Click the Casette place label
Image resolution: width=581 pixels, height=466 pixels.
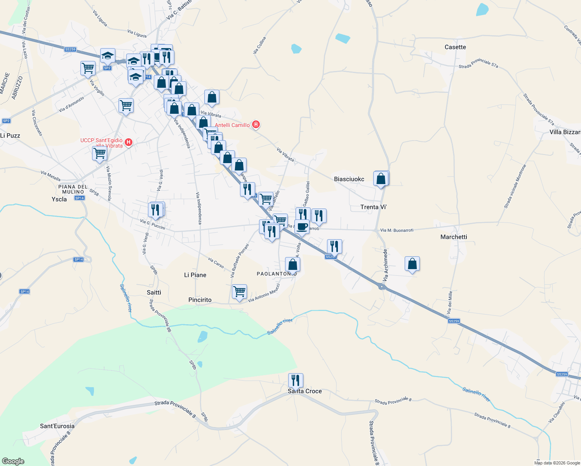tap(455, 47)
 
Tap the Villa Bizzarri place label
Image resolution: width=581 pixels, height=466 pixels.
tap(565, 132)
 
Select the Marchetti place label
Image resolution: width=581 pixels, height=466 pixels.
tap(454, 237)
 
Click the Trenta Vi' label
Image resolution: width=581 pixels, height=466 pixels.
tap(373, 207)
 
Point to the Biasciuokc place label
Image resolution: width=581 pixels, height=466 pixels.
tap(349, 179)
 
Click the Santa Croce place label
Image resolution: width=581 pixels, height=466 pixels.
tap(305, 391)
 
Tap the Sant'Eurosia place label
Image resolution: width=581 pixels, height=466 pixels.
tap(57, 426)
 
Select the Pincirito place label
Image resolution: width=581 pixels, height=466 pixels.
tap(200, 300)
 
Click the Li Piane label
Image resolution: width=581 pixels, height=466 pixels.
tap(195, 275)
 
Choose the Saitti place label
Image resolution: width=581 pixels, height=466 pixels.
tap(154, 292)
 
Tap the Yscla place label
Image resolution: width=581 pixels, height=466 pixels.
tap(59, 199)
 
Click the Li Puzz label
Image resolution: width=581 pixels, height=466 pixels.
tap(10, 136)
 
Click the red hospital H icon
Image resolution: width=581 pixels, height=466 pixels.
tap(129, 143)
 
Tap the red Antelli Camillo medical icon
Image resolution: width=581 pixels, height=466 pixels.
tap(256, 125)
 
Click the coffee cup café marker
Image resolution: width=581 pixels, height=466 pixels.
tap(302, 227)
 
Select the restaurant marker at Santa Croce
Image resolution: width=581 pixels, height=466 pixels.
tap(296, 381)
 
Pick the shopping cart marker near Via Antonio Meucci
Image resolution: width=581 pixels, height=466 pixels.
tap(239, 291)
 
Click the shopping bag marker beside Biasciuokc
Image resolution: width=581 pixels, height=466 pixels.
tap(381, 179)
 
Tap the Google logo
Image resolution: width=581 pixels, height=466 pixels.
tap(13, 461)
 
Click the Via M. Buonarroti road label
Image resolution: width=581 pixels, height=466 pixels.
tap(397, 230)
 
